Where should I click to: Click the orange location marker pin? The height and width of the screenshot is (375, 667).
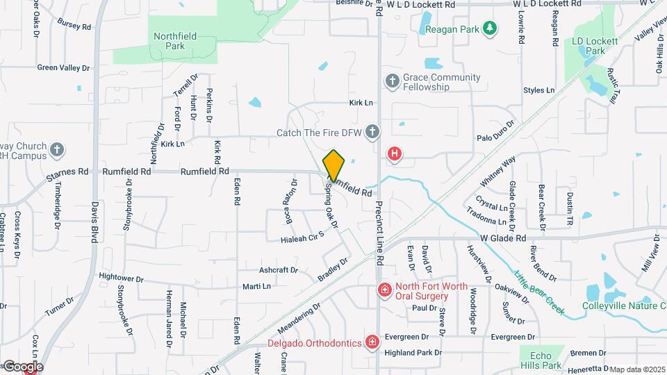coord(333,166)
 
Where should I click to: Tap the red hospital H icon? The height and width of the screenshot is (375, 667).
coord(395,153)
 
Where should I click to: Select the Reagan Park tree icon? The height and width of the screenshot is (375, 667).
coord(491,28)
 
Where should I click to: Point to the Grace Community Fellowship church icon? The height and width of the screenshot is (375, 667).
coord(392,81)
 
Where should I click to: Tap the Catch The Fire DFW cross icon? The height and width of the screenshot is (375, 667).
coord(373,132)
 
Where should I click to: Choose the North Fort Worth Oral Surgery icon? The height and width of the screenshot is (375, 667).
coord(383,290)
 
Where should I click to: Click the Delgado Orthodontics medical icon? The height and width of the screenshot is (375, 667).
coord(372,342)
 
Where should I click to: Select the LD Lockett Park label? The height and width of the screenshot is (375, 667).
coord(595,46)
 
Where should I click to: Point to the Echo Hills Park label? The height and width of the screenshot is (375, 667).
coord(541,360)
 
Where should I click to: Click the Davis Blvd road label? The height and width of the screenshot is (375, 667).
coord(94,222)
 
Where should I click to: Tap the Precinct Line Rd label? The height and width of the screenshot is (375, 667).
coord(380,234)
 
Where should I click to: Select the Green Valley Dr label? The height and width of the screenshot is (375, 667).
coord(64,68)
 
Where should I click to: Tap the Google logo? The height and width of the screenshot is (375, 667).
coord(22,366)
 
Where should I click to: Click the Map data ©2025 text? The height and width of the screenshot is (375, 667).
coord(637,369)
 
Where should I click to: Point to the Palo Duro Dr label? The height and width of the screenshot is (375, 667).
coord(495,132)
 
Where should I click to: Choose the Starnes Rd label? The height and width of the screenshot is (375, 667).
coord(67,172)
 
